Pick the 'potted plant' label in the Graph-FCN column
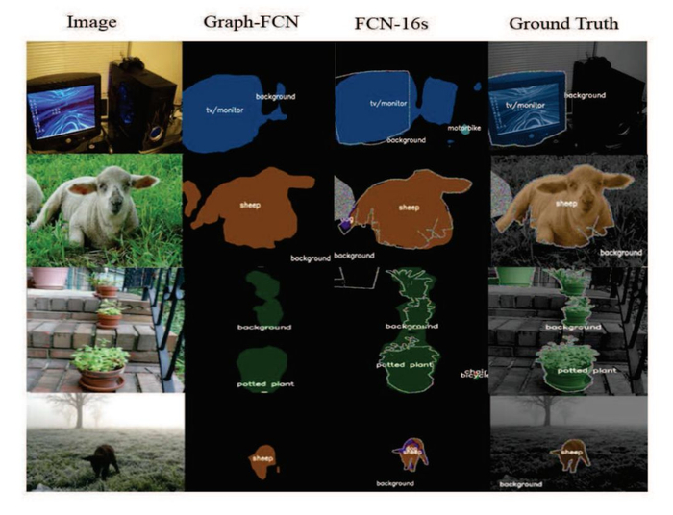click(x=264, y=384)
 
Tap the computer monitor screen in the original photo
click(x=61, y=109)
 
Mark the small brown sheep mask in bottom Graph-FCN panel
click(x=262, y=459)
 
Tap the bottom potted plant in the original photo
click(x=100, y=363)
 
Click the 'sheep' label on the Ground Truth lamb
click(x=569, y=203)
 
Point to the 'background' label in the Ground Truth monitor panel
click(x=584, y=95)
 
